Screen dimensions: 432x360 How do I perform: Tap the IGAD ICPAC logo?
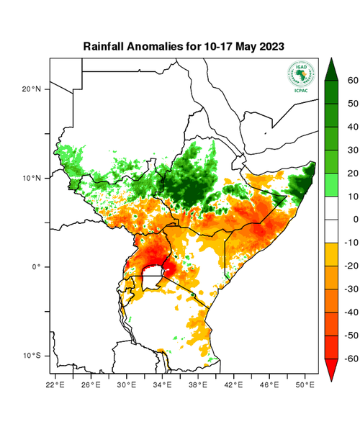pyautogui.click(x=302, y=76)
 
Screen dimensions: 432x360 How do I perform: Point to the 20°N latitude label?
pyautogui.click(x=32, y=89)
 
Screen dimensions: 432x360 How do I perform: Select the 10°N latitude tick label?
pyautogui.click(x=32, y=178)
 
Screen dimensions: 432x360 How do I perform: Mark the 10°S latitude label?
pyautogui.click(x=32, y=356)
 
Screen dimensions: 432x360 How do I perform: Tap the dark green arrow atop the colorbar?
pyautogui.click(x=332, y=68)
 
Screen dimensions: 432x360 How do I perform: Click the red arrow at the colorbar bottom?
pyautogui.click(x=332, y=369)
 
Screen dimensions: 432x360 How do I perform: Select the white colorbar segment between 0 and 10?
pyautogui.click(x=332, y=207)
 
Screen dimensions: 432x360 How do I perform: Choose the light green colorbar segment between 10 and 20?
pyautogui.click(x=332, y=184)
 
